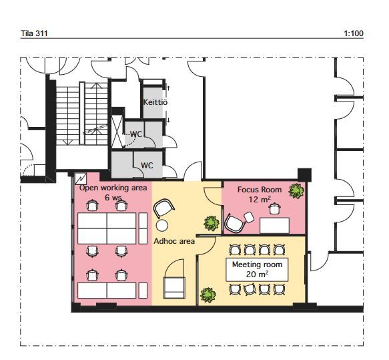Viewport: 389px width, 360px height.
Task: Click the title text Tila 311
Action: pos(34,33)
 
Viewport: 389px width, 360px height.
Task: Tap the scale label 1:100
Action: pos(354,33)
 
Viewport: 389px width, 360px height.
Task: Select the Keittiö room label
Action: pos(155,102)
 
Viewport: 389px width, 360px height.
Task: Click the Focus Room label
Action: pos(260,190)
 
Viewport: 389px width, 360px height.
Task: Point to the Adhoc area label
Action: pos(174,241)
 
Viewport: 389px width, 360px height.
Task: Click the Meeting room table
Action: pos(257,270)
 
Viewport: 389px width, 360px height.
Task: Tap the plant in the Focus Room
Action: pos(296,191)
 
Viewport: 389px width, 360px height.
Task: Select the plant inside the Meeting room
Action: pos(208,295)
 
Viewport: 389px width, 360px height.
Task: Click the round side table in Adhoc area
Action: pos(162,225)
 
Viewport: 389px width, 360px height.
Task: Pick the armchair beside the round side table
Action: pos(163,208)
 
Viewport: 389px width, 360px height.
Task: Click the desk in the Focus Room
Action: pos(275,226)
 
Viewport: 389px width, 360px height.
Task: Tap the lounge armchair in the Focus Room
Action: pos(235,224)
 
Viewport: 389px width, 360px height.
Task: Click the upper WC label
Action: pos(136,134)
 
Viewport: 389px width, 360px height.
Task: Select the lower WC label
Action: pos(147,166)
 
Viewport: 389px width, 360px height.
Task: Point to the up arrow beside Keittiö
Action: pos(168,88)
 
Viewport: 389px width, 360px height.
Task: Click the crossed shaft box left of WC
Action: pos(117,132)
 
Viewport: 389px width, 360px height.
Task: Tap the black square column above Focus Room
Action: pos(304,175)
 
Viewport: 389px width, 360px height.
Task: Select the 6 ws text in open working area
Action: pos(113,198)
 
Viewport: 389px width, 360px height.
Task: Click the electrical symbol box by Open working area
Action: pos(81,178)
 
